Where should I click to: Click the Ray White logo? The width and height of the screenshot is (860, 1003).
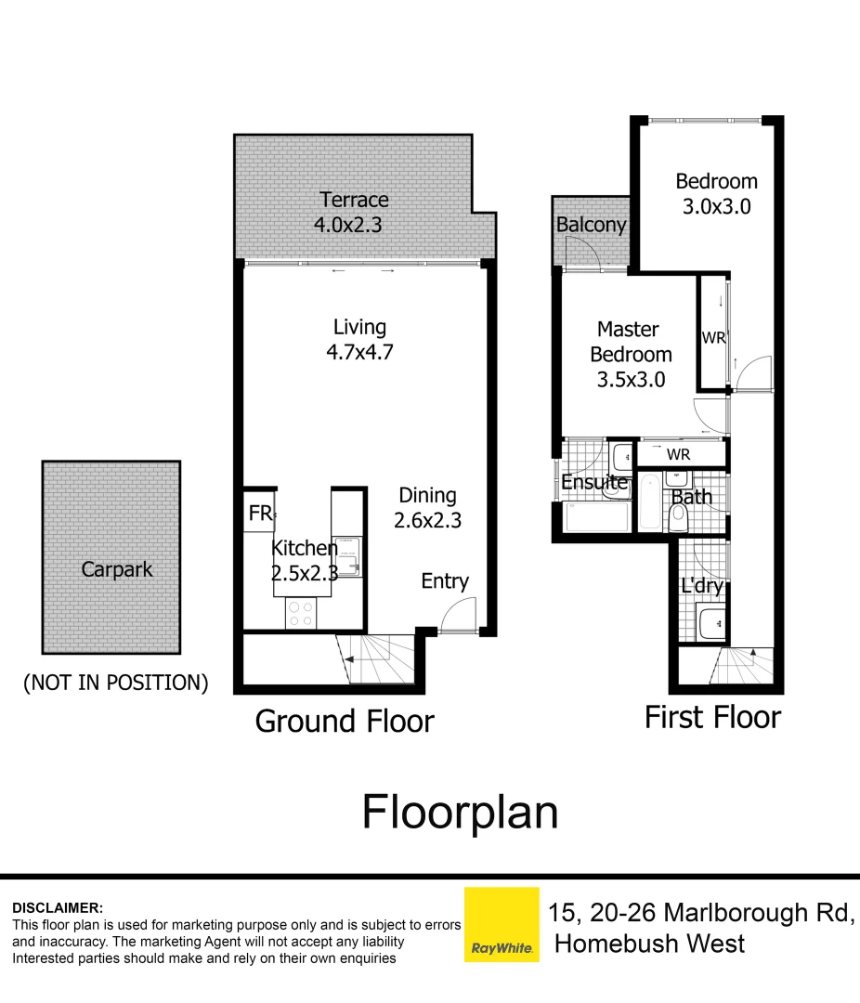(x=502, y=924)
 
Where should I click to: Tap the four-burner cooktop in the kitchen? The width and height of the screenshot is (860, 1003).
(x=300, y=613)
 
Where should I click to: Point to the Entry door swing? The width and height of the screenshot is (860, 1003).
(x=458, y=617)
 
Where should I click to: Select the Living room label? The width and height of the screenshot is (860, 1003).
(x=359, y=327)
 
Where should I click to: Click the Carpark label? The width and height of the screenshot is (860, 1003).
(x=117, y=568)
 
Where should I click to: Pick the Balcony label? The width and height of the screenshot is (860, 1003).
(x=591, y=225)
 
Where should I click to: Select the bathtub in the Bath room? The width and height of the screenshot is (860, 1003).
(x=649, y=500)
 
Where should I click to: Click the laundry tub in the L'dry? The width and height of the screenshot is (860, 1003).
(x=710, y=624)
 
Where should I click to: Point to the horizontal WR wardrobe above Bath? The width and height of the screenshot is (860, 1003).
(x=680, y=454)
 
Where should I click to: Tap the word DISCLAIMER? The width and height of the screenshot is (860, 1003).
(x=58, y=907)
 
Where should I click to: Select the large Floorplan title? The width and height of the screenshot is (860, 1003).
(x=460, y=812)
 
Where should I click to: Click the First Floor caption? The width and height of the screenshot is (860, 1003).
(x=712, y=717)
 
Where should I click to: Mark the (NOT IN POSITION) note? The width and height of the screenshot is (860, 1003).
(x=115, y=683)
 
